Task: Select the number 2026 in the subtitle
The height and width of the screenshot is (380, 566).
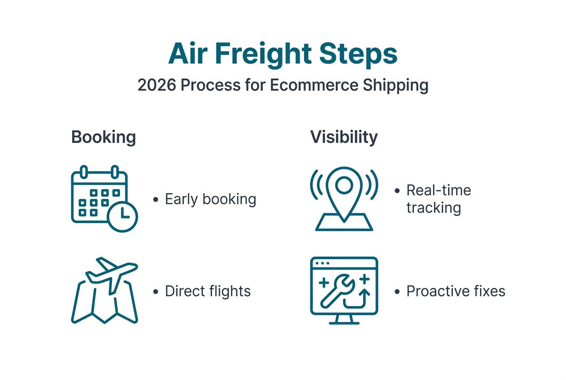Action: click(156, 85)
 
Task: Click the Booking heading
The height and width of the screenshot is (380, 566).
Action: click(103, 137)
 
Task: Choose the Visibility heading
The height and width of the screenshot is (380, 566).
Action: click(344, 137)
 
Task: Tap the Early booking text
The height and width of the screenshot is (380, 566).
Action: click(210, 199)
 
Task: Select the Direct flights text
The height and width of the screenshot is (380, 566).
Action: click(208, 291)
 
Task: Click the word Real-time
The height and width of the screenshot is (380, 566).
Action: click(438, 190)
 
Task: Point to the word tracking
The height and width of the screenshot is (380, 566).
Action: click(433, 208)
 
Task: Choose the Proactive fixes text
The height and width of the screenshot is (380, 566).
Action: click(455, 291)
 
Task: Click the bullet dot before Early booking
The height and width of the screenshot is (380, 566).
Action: click(155, 199)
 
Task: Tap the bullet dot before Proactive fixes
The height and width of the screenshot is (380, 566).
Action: click(397, 292)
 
